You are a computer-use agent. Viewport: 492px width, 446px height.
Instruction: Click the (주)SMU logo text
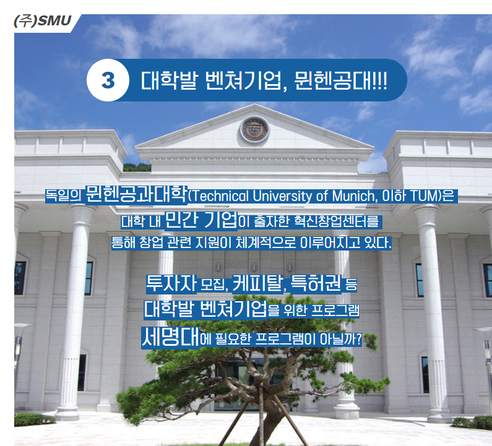coord(42,21)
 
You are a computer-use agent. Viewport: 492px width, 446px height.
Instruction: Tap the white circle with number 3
coord(108,80)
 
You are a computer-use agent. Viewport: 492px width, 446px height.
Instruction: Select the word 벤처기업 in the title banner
coord(243,80)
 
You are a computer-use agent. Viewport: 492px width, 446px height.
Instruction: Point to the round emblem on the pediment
coord(254,129)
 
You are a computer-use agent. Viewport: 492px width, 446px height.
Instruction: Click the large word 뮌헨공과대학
coord(137,194)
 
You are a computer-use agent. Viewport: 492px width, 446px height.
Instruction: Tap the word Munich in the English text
coord(353,196)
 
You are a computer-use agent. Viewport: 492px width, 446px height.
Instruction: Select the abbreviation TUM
coord(423,196)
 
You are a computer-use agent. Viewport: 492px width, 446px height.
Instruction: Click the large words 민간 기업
coord(201,220)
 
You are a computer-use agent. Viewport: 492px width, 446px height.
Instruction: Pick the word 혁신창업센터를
coord(337,221)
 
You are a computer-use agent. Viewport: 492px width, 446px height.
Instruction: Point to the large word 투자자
coord(171,283)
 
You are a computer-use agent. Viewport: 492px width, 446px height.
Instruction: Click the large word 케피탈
coord(257,283)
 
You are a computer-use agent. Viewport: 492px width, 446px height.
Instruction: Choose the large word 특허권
coord(316,283)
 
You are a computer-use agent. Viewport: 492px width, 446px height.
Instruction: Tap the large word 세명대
coord(170,337)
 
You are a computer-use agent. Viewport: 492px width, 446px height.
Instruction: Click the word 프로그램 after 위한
coord(335,311)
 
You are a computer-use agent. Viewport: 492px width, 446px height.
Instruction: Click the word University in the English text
coord(282,196)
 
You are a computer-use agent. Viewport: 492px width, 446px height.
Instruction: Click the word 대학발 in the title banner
coord(170,80)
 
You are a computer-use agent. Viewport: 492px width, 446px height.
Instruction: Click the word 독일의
coord(64,196)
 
